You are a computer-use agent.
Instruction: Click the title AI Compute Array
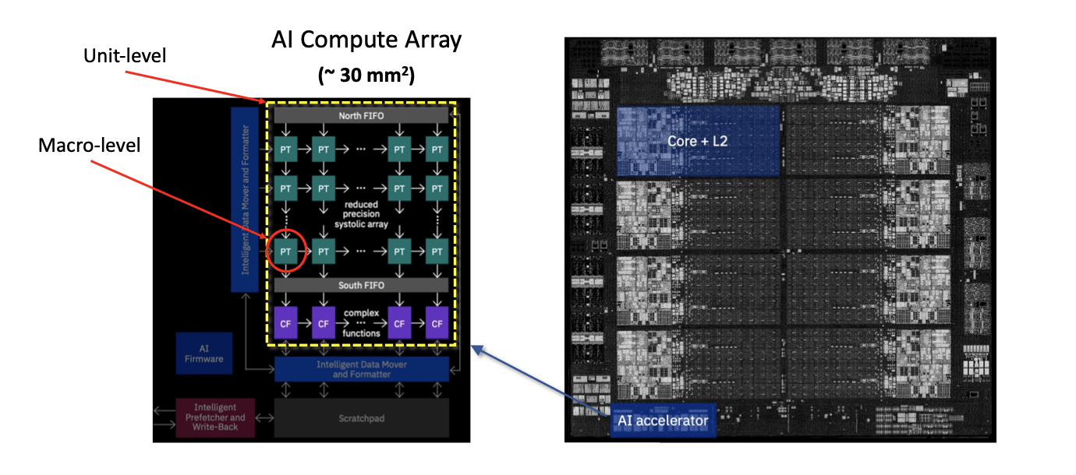[x=366, y=40]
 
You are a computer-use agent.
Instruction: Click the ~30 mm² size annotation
[x=366, y=76]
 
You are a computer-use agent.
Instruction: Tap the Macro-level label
[x=90, y=146]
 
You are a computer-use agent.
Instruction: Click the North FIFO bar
[x=361, y=116]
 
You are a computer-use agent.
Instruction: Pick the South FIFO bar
[x=361, y=286]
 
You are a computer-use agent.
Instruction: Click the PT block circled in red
[x=286, y=252]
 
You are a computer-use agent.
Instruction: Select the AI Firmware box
[x=204, y=354]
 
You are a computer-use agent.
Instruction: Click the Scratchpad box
[x=362, y=418]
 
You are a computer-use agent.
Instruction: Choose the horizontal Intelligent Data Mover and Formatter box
[x=362, y=369]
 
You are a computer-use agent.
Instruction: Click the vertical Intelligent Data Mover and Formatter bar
[x=244, y=199]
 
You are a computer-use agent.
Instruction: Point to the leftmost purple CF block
[x=286, y=322]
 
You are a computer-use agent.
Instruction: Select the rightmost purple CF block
[x=437, y=322]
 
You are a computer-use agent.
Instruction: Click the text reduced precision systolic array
[x=361, y=214]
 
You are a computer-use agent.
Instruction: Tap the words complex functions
[x=361, y=323]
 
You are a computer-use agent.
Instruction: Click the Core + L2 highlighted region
[x=698, y=141]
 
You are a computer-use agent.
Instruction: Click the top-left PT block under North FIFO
[x=286, y=149]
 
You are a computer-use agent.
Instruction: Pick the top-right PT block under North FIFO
[x=437, y=149]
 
